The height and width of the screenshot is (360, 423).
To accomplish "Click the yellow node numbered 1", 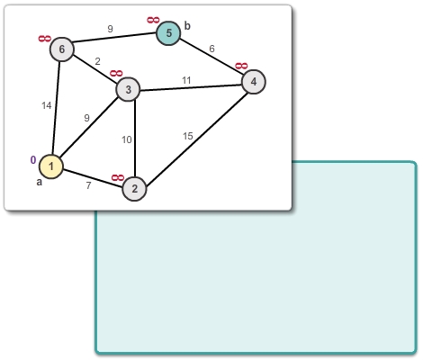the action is (51, 166).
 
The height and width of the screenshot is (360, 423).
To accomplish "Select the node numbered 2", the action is (134, 189).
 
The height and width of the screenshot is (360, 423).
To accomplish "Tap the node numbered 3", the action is (128, 89).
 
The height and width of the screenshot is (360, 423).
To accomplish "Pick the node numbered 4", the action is (254, 82).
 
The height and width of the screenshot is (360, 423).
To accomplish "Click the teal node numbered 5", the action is (168, 33).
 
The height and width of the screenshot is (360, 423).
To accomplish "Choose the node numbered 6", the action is (62, 49).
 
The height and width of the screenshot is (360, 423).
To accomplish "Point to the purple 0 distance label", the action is (33, 160).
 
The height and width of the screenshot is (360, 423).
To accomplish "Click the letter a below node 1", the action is (40, 182).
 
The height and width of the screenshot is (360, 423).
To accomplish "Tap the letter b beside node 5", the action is (187, 26).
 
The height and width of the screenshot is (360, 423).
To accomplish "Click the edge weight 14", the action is (47, 105).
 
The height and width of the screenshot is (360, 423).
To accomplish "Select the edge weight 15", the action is (188, 136).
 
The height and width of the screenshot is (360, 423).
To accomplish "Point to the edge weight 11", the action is (186, 80).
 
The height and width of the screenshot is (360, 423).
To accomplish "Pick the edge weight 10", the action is (127, 139).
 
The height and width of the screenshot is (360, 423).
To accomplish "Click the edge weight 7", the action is (88, 185).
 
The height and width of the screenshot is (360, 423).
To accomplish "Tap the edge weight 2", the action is (97, 61).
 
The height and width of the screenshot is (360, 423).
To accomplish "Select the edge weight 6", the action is (211, 49).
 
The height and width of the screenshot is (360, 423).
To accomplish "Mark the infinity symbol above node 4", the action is (241, 66).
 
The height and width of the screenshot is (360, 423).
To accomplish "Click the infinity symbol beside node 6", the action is (45, 39).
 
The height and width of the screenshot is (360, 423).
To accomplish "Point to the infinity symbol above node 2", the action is (118, 178).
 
